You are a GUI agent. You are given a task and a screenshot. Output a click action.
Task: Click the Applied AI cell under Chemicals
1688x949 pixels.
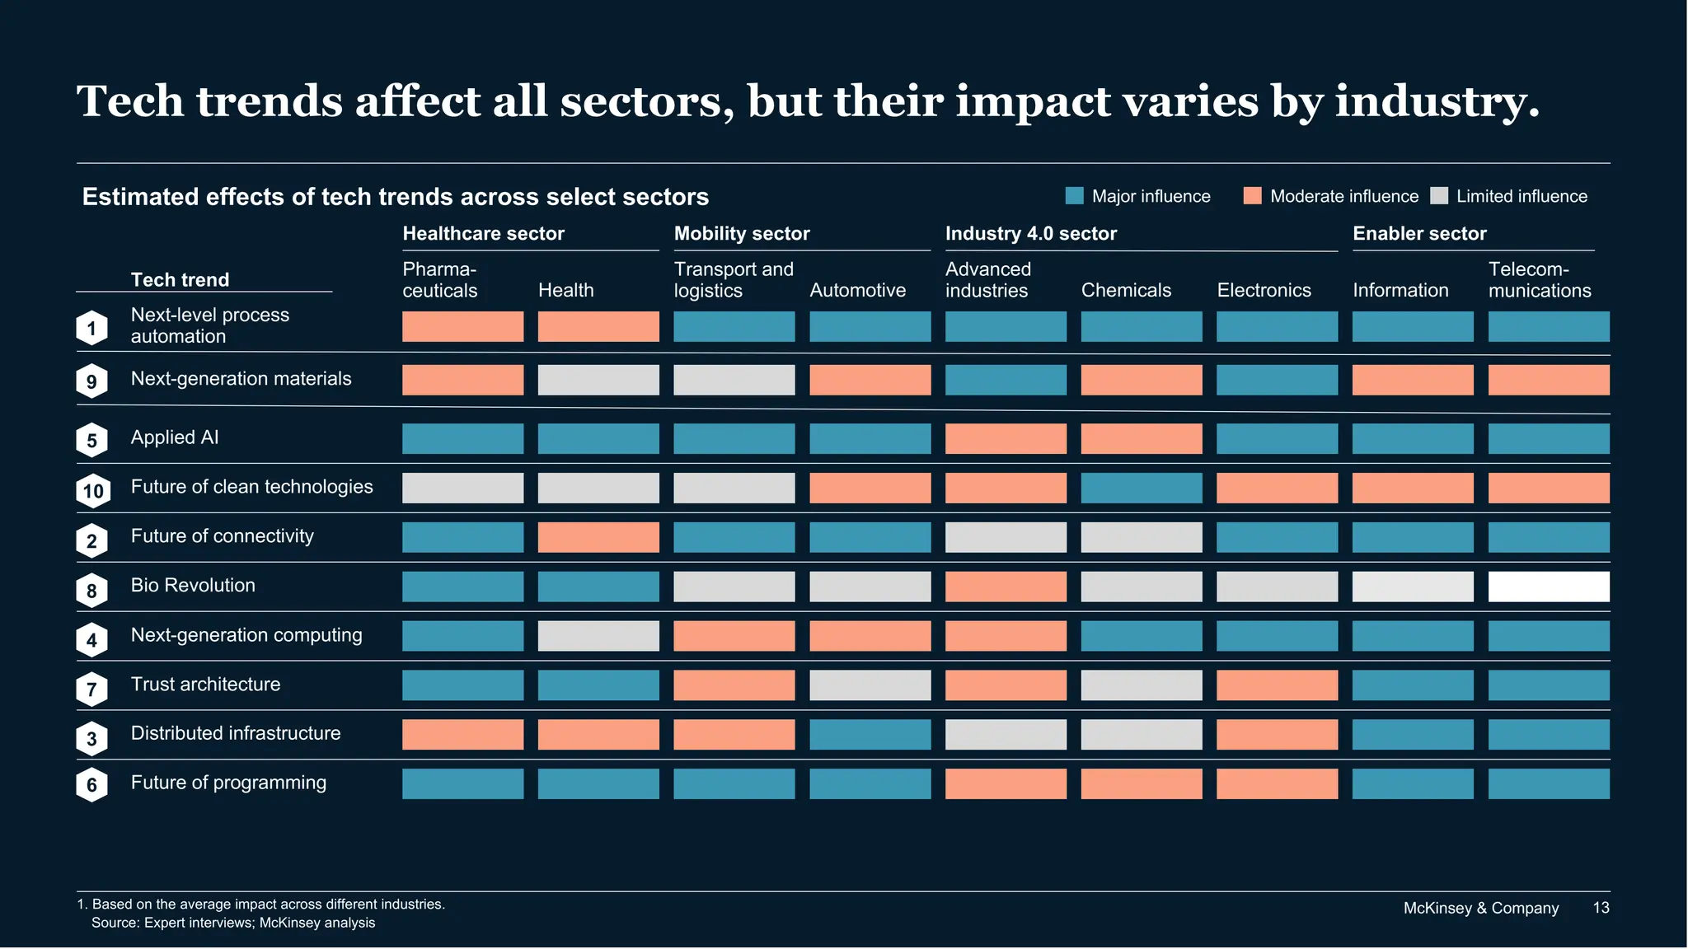1142,438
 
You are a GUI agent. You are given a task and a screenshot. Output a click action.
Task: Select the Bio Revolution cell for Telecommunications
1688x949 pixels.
1549,587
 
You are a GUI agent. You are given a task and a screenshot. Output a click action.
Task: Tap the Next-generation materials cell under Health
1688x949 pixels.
598,380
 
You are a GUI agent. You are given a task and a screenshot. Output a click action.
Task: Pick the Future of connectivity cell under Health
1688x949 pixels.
598,537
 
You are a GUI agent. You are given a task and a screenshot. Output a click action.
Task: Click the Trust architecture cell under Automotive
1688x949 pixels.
870,685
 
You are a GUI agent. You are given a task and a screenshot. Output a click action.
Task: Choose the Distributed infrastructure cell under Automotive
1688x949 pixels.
870,734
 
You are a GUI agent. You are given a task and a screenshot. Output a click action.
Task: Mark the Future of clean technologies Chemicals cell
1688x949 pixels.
1142,488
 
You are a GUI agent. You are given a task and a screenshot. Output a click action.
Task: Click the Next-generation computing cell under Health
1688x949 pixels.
598,636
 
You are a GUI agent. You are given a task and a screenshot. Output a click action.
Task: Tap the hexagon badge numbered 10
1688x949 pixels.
93,492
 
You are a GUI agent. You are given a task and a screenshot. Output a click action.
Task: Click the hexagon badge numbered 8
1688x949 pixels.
92,591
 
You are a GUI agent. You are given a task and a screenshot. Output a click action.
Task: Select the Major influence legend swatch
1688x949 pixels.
1074,196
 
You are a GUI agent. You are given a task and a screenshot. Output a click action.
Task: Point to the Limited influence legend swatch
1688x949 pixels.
1439,196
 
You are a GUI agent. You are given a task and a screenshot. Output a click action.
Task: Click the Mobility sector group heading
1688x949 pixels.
742,233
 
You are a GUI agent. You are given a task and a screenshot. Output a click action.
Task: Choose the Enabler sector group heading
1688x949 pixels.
1419,233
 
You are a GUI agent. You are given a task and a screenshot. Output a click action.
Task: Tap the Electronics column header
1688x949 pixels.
1264,290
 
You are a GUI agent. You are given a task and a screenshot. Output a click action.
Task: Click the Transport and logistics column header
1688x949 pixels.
733,280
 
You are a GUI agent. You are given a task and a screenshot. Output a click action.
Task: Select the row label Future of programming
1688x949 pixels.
228,783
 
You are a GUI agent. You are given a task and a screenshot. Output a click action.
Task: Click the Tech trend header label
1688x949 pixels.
180,279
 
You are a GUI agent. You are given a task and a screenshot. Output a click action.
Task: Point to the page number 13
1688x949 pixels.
1601,908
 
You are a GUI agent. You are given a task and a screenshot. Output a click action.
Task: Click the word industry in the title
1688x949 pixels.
1436,102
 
